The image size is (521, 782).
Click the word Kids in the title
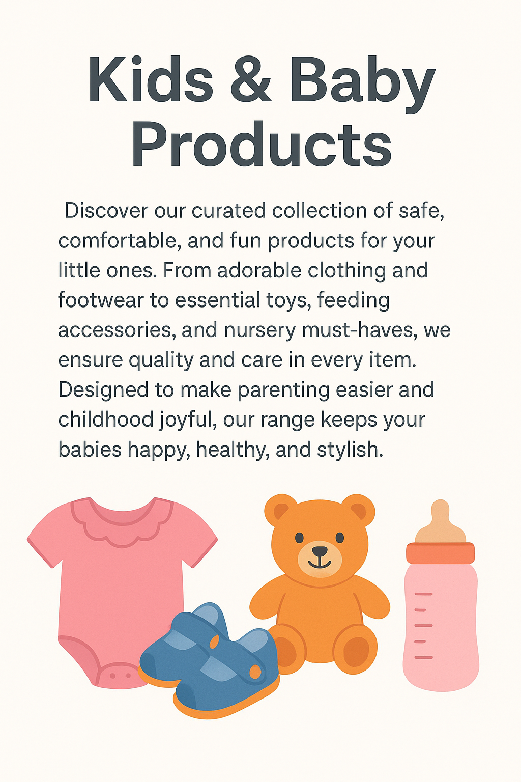(151, 80)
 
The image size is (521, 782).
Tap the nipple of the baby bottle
(440, 517)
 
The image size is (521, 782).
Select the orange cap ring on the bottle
(440, 553)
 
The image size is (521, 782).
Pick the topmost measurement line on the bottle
(423, 594)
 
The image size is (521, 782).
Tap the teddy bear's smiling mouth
(320, 562)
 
